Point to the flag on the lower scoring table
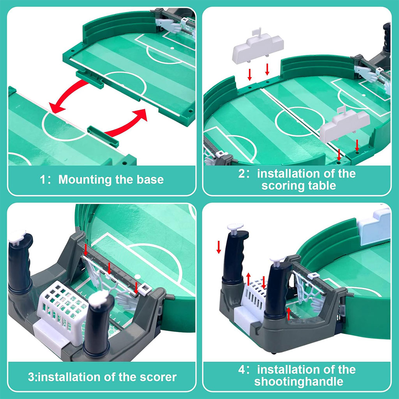[343, 110]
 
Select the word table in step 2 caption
[321, 185]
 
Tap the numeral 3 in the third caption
[31, 377]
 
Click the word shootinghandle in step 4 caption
[299, 381]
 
